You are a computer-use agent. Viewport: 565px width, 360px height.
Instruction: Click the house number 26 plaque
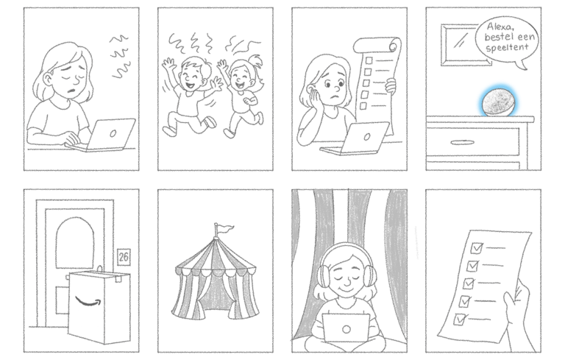coord(124,257)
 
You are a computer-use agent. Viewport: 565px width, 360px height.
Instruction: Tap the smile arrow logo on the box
coord(88,302)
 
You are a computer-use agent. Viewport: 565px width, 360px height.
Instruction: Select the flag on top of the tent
coord(224,228)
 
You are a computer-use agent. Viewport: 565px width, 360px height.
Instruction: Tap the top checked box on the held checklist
coord(477,248)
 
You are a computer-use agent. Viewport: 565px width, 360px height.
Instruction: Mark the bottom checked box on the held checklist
coord(459,320)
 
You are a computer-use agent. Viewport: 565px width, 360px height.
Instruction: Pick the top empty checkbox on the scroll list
coord(369,60)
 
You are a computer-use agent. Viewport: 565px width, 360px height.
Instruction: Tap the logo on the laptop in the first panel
coord(113,133)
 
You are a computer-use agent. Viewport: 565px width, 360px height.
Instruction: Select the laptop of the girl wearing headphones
coord(346,328)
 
